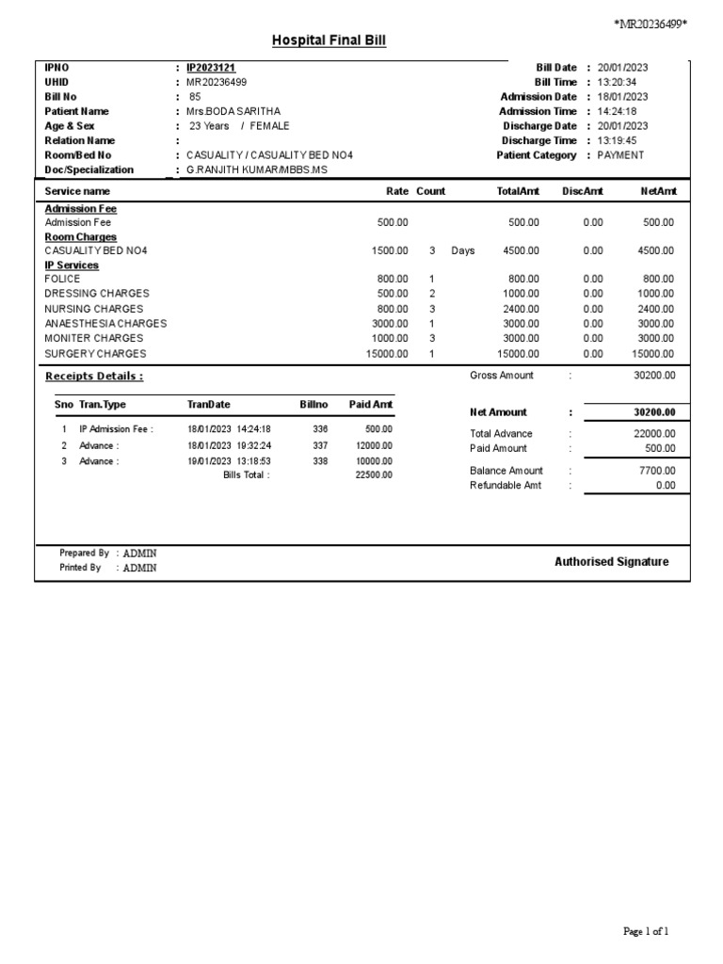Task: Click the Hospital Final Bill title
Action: click(329, 40)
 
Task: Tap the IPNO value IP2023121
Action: click(211, 68)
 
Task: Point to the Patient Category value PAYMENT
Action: click(620, 155)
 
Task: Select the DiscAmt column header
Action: click(582, 191)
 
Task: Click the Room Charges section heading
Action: click(81, 237)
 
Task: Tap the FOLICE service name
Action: click(63, 279)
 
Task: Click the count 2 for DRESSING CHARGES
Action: click(431, 294)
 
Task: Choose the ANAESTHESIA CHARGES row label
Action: click(105, 324)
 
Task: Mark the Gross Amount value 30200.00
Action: click(653, 376)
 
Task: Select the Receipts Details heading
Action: click(94, 377)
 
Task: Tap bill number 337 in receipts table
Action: click(320, 445)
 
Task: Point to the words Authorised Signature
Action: click(612, 562)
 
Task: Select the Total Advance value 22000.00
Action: click(653, 434)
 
